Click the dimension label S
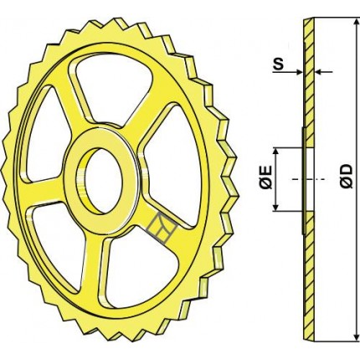coord(278,64)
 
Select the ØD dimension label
coord(347,177)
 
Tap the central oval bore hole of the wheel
coord(104,181)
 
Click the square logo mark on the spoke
coord(162,228)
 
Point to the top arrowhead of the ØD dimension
coord(356,23)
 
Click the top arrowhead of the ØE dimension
coord(275,152)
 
